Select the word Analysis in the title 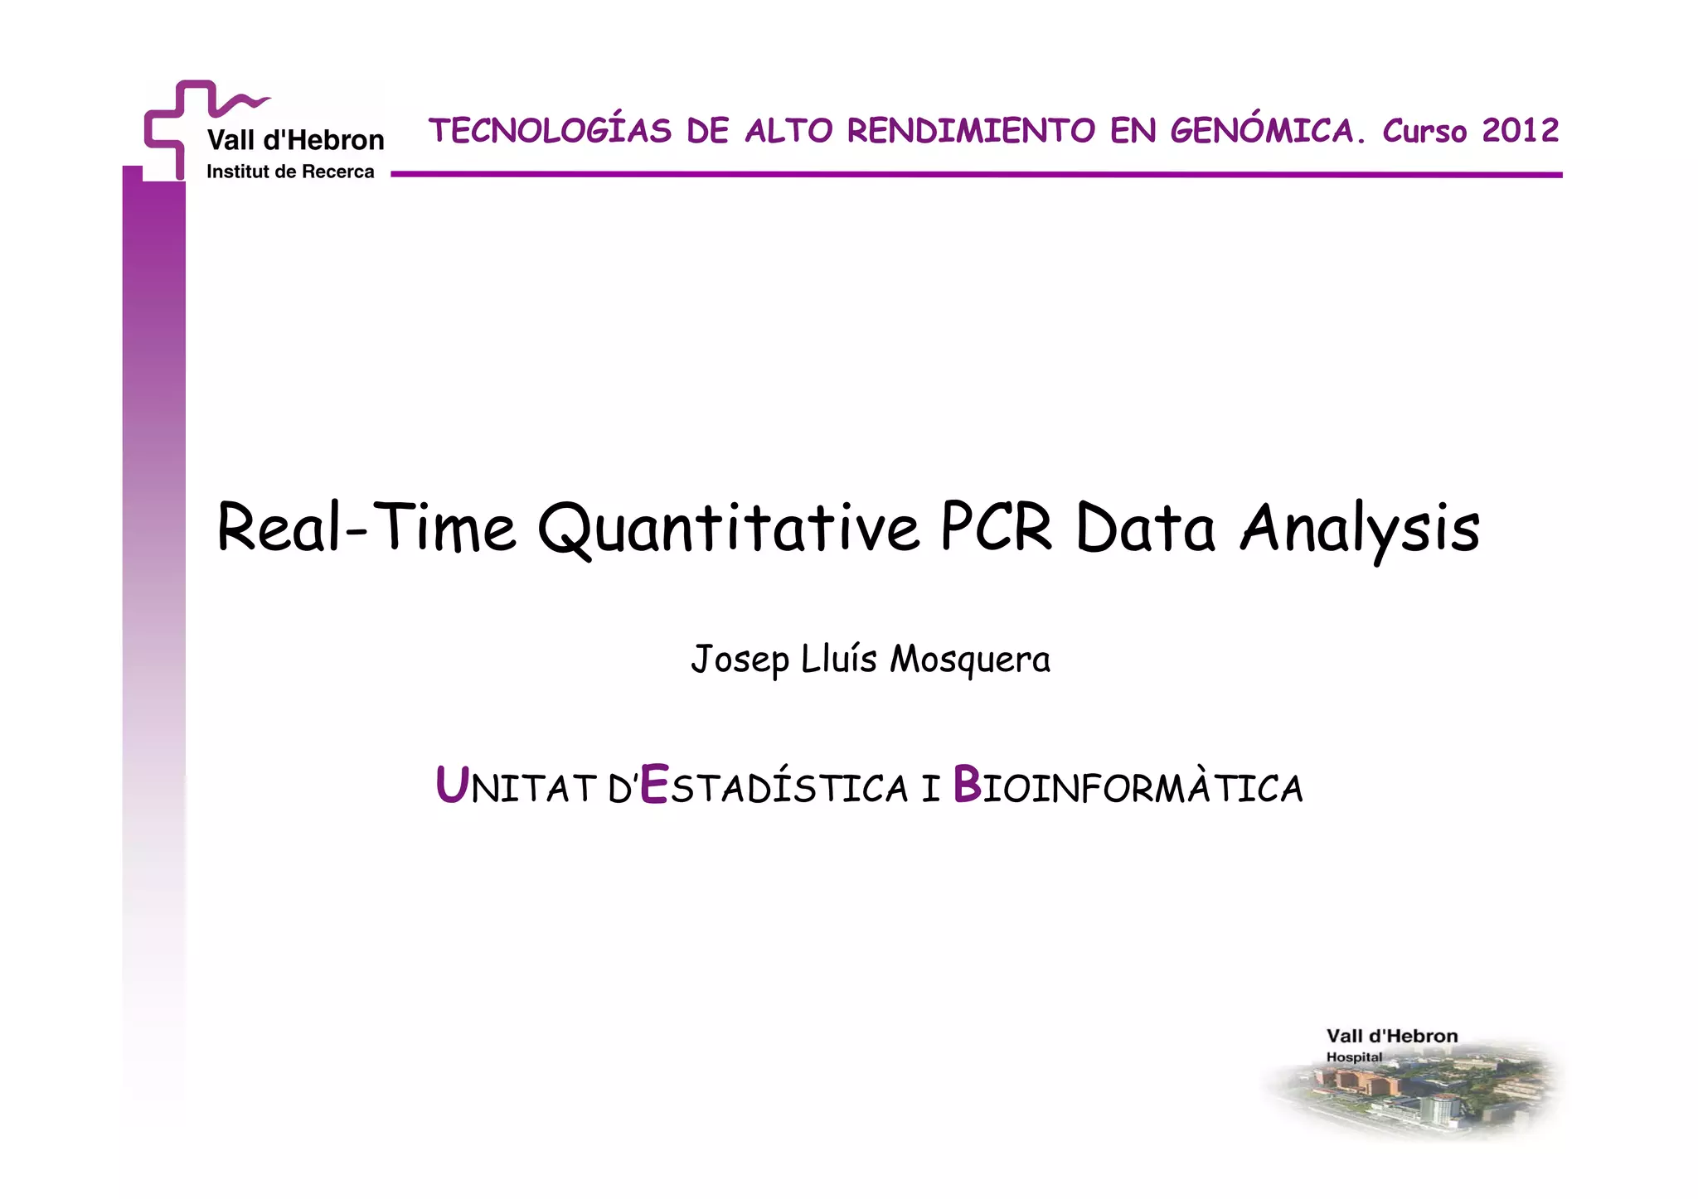(1360, 529)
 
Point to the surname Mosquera (969, 660)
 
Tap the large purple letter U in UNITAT (452, 785)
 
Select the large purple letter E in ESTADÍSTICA (654, 785)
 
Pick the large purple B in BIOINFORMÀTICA (967, 785)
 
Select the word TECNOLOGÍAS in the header (550, 131)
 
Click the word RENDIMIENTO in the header (971, 131)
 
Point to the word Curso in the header (1424, 131)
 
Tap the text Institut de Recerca (290, 172)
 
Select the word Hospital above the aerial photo (1354, 1057)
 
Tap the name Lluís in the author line (839, 660)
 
